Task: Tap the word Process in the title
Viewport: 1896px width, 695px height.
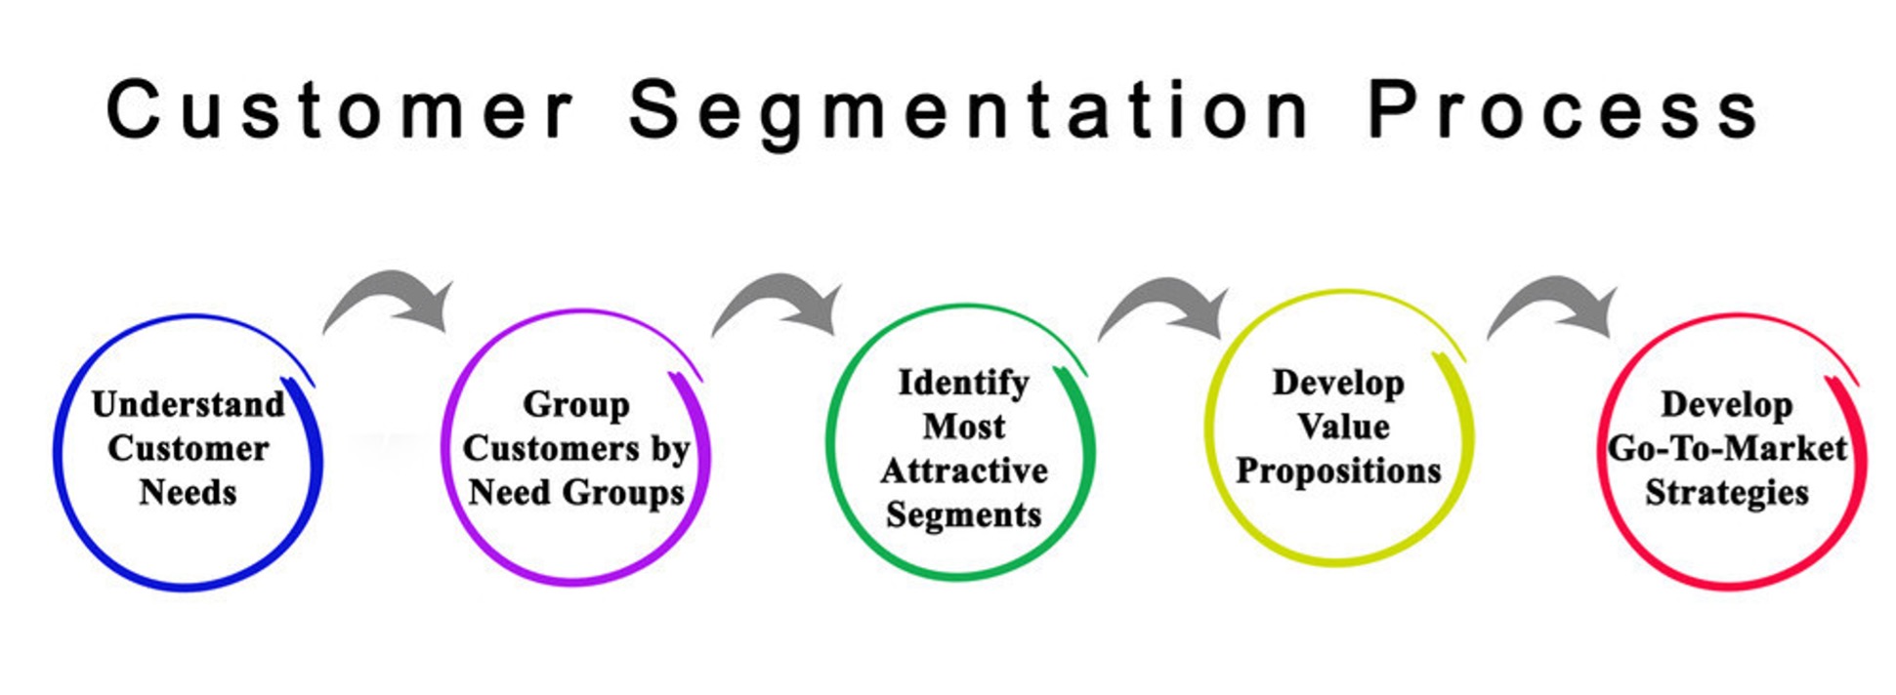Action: pos(1563,109)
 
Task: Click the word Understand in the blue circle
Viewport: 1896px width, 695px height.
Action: pos(189,404)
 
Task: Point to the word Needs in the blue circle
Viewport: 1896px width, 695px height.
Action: pos(188,492)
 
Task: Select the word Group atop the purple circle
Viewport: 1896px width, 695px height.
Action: pos(575,404)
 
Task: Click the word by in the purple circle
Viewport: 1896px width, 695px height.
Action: pos(670,448)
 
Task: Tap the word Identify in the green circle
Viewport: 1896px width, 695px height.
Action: pos(963,383)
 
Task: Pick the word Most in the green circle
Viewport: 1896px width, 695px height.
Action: pos(964,427)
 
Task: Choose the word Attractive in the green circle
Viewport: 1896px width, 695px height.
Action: pos(964,470)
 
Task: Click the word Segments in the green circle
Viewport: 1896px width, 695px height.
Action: pos(964,514)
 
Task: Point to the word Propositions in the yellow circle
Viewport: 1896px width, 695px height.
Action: pos(1338,470)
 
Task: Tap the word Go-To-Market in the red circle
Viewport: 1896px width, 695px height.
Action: pos(1727,448)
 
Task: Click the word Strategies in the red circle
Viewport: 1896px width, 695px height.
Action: pos(1726,492)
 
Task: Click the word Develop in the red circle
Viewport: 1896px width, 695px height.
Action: pos(1726,404)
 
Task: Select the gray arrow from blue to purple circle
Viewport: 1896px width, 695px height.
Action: pos(396,298)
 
